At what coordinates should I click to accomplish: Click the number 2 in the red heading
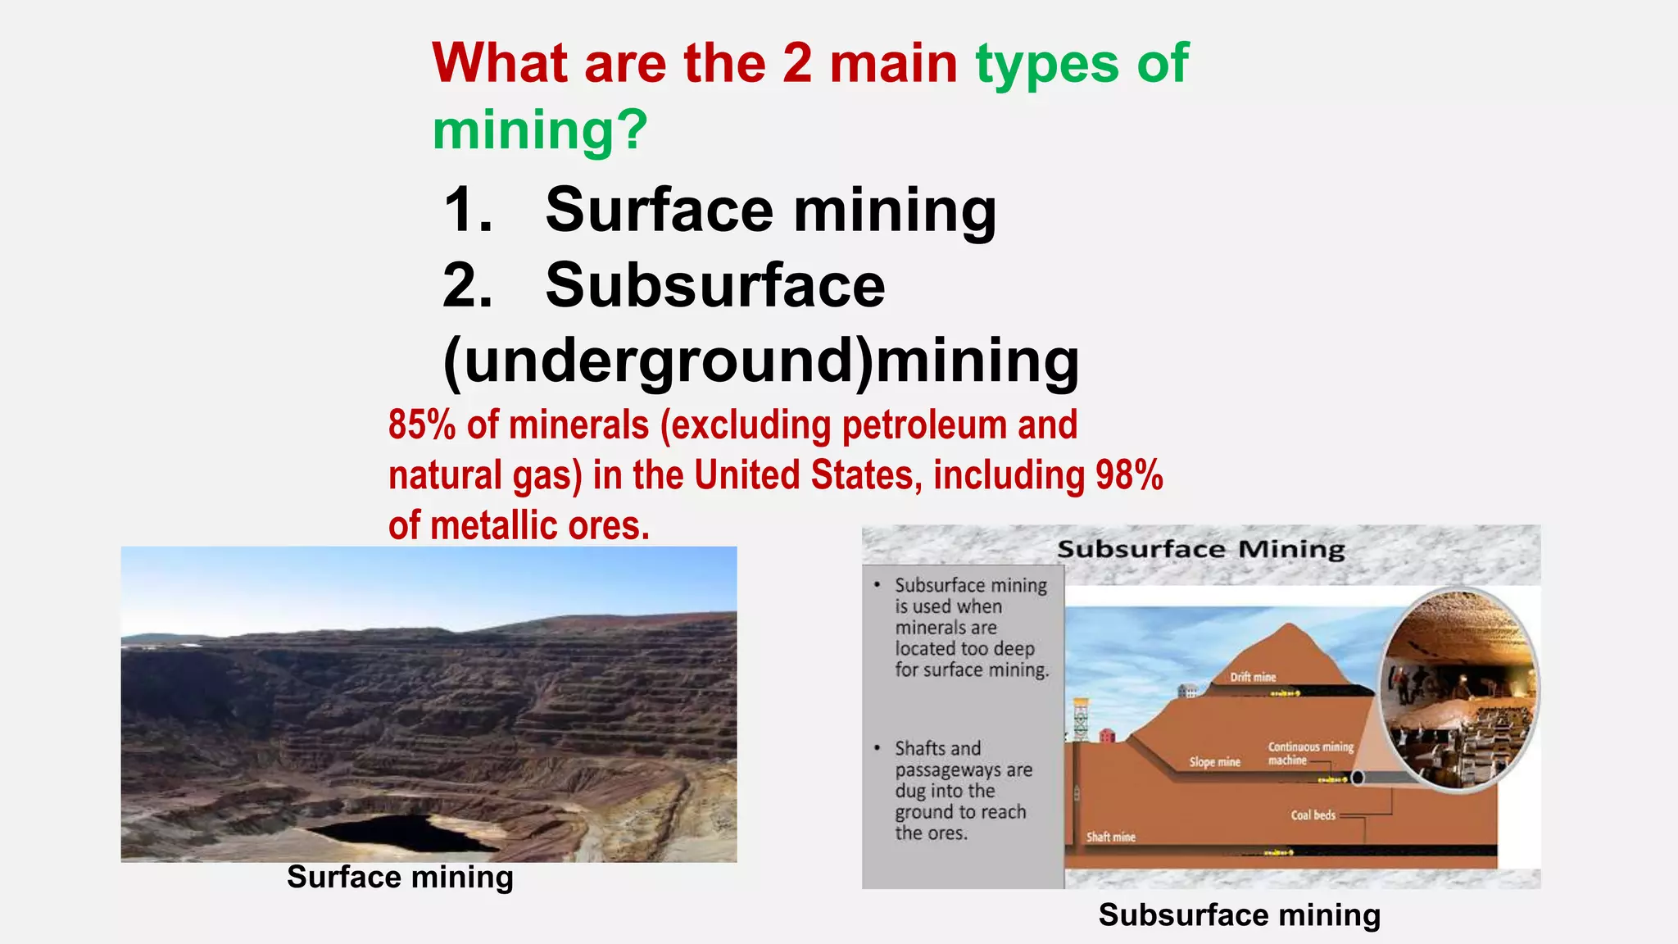point(796,64)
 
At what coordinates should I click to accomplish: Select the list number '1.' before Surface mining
point(468,210)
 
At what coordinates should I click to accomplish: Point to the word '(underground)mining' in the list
point(760,361)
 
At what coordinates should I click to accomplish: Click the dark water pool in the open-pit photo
point(401,832)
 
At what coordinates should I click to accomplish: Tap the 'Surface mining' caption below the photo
point(400,877)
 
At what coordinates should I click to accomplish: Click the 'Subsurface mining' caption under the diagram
point(1239,914)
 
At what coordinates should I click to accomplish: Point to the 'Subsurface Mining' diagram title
point(1200,549)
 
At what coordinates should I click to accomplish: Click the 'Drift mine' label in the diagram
point(1253,677)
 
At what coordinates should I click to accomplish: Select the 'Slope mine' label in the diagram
point(1214,762)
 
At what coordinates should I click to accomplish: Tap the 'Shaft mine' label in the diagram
point(1110,837)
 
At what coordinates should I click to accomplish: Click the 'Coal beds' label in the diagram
point(1313,815)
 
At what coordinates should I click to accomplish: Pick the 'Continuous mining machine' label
point(1308,753)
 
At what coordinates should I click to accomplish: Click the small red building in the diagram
point(1107,735)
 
